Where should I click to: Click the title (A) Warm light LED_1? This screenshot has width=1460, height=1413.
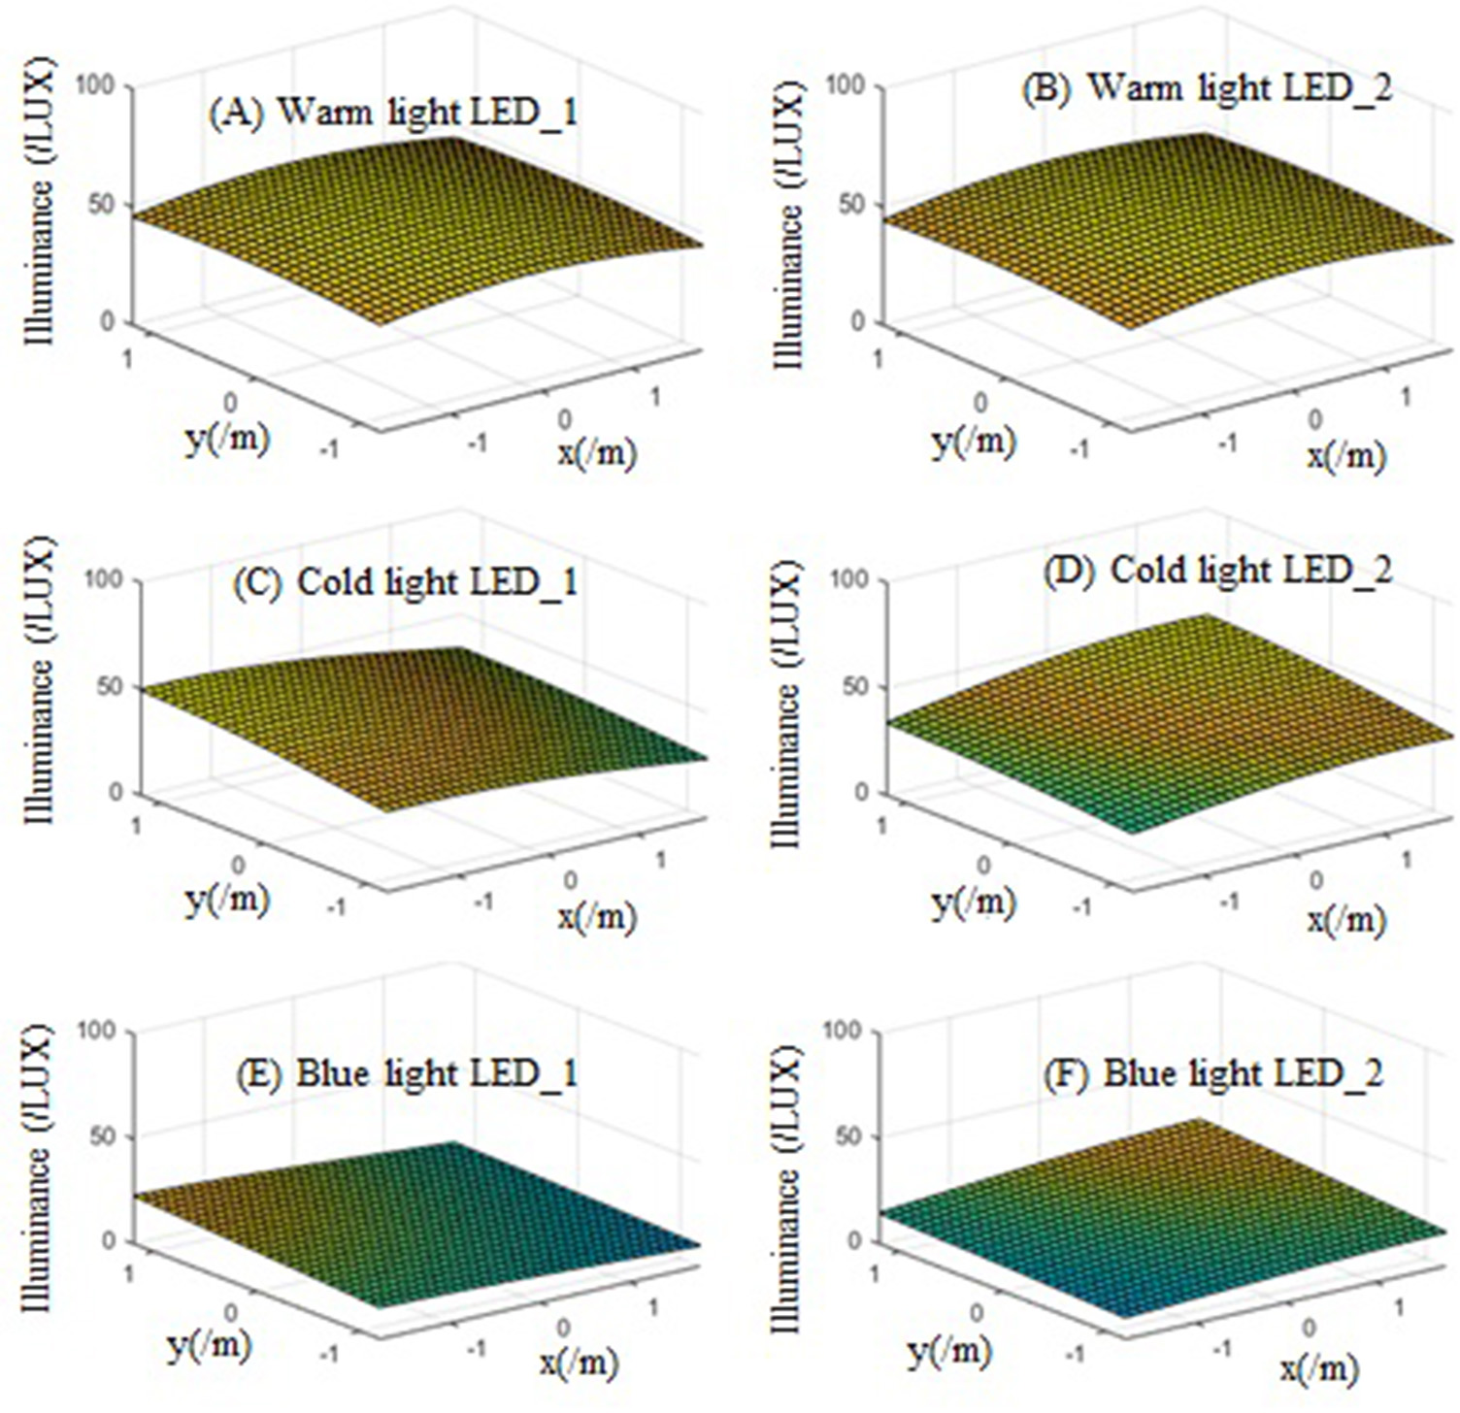[393, 113]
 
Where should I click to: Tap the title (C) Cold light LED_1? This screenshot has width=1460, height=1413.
[405, 582]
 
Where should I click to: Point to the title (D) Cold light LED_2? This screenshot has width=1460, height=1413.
[1217, 570]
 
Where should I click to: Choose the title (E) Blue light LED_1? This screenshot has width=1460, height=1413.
[407, 1073]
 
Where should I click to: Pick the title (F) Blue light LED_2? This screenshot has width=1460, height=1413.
[1213, 1074]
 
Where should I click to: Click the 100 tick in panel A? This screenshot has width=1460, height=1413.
[94, 86]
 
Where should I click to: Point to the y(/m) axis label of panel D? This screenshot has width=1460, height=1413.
[974, 903]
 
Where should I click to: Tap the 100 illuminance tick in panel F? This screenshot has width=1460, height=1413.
[842, 1031]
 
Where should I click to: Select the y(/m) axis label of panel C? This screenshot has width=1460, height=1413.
[226, 900]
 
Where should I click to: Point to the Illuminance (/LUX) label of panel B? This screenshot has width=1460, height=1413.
[788, 225]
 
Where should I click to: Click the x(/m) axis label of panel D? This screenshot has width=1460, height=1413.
[1345, 918]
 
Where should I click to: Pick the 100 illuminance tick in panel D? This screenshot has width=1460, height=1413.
[848, 579]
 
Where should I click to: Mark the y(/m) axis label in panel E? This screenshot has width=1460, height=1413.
[209, 1345]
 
